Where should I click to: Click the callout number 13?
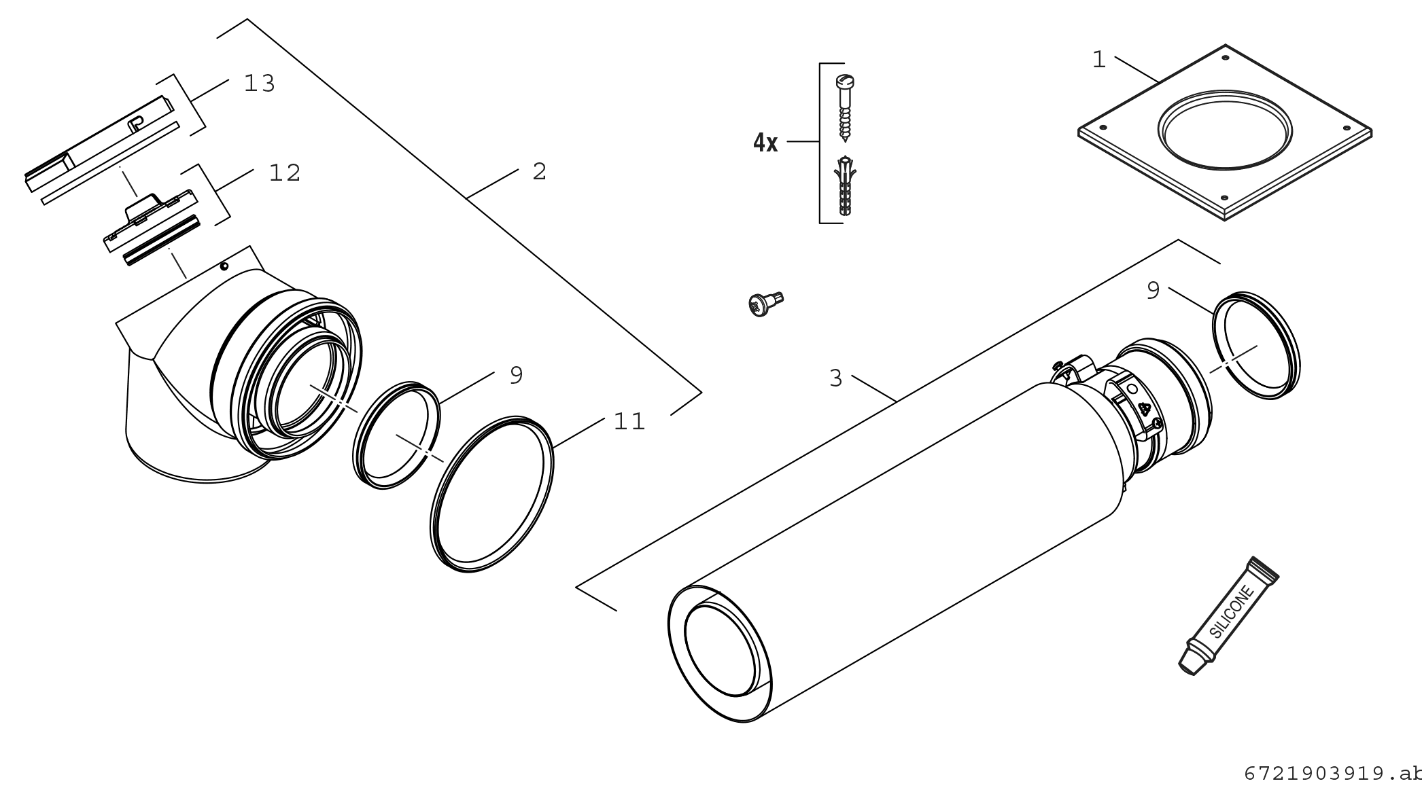259,84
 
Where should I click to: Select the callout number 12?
284,173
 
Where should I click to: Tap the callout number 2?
539,172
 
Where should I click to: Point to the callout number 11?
629,422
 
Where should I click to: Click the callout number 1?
1099,60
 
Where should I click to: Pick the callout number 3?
835,378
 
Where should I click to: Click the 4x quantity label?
765,143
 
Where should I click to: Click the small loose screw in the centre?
765,303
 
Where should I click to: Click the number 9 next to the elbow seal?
516,375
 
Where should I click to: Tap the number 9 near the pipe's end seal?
1153,291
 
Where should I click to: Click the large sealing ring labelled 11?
493,495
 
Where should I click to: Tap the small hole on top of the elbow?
224,266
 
